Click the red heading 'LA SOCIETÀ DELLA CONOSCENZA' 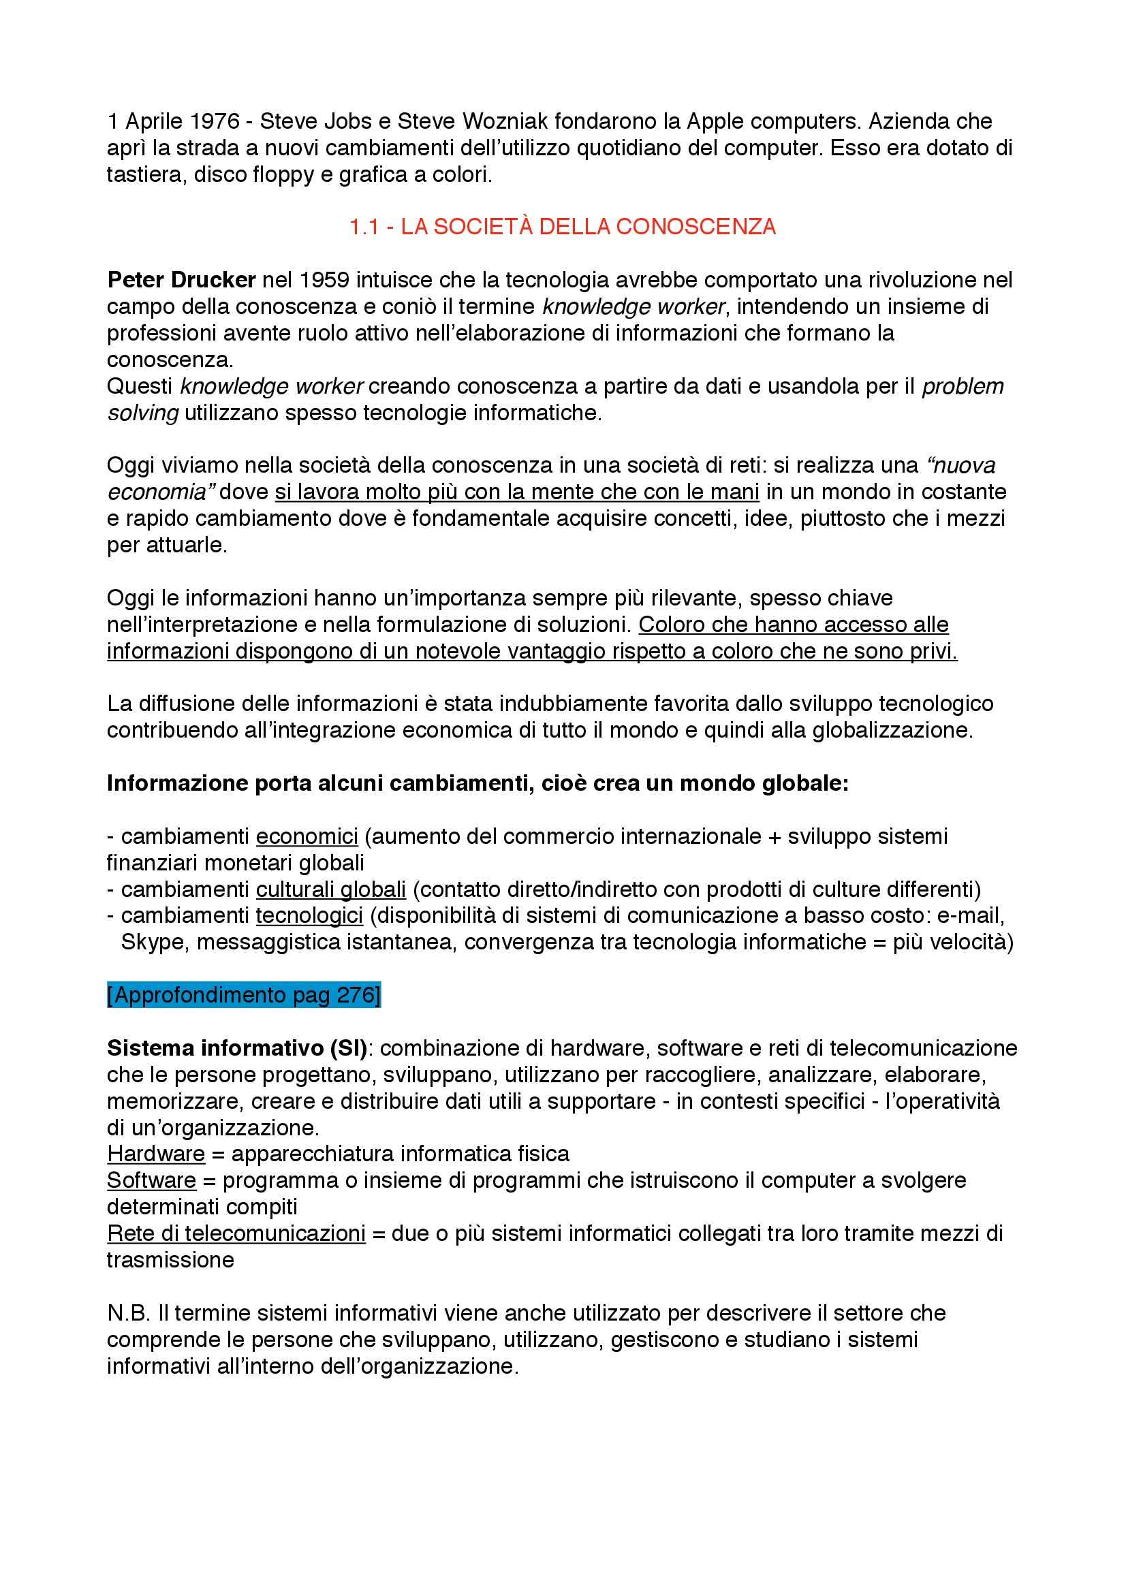coord(588,227)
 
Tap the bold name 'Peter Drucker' coord(181,281)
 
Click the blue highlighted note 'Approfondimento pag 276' coord(243,995)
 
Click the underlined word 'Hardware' coord(155,1154)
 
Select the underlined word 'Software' coord(151,1180)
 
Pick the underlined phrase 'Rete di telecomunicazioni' coord(236,1233)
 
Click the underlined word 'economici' coord(307,836)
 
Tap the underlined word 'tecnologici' coord(309,916)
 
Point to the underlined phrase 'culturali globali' coord(330,889)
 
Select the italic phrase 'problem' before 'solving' coord(963,386)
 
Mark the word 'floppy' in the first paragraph coord(283,175)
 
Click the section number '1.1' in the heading coord(363,227)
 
